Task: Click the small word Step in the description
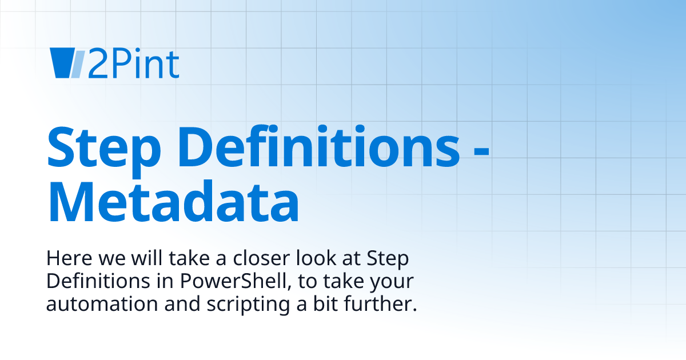[x=389, y=260]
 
